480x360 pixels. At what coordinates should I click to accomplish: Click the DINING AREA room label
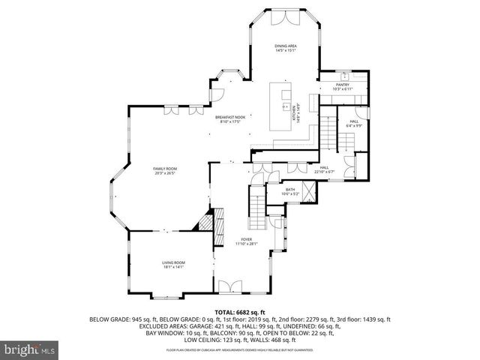pos(284,46)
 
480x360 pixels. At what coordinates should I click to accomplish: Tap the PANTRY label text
pos(343,85)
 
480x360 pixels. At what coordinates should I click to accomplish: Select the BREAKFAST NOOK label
pos(229,118)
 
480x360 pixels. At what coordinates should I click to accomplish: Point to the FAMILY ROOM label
pos(165,169)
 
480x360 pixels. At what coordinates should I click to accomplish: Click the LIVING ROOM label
pos(173,262)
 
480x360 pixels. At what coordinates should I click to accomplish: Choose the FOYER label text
pos(247,238)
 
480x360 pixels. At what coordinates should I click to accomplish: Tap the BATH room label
pos(289,190)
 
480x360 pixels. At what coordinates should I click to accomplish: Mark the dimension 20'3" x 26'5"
pos(165,173)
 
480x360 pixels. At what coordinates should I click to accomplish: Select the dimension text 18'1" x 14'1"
pos(173,266)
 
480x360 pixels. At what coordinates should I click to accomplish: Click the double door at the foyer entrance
pos(231,286)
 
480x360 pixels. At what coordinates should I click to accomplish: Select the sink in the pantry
pos(344,77)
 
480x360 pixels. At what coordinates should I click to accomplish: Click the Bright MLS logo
pos(29,349)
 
